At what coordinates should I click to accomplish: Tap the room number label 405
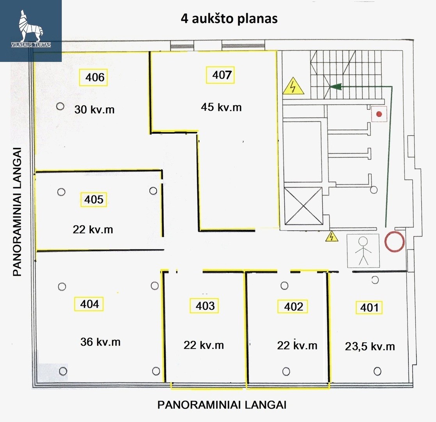point(94,199)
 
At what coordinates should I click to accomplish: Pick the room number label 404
point(89,304)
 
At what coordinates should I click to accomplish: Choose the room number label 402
point(293,307)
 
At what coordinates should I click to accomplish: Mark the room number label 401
point(369,308)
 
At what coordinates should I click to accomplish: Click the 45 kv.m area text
point(221,107)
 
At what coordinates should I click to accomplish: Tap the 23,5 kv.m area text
point(370,347)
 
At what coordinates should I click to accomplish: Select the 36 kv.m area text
point(100,342)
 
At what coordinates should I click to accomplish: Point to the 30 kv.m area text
point(94,109)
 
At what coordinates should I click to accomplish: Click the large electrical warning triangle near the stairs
point(293,86)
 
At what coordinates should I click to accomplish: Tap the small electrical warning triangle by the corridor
point(331,236)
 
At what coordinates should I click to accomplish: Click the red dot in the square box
point(379,114)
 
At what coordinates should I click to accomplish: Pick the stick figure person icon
point(363,251)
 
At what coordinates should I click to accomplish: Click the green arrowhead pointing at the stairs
point(335,87)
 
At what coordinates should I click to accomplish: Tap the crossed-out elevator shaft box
point(303,206)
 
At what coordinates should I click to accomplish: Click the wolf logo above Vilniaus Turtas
point(31,26)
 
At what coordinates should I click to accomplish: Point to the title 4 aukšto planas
point(229,19)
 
